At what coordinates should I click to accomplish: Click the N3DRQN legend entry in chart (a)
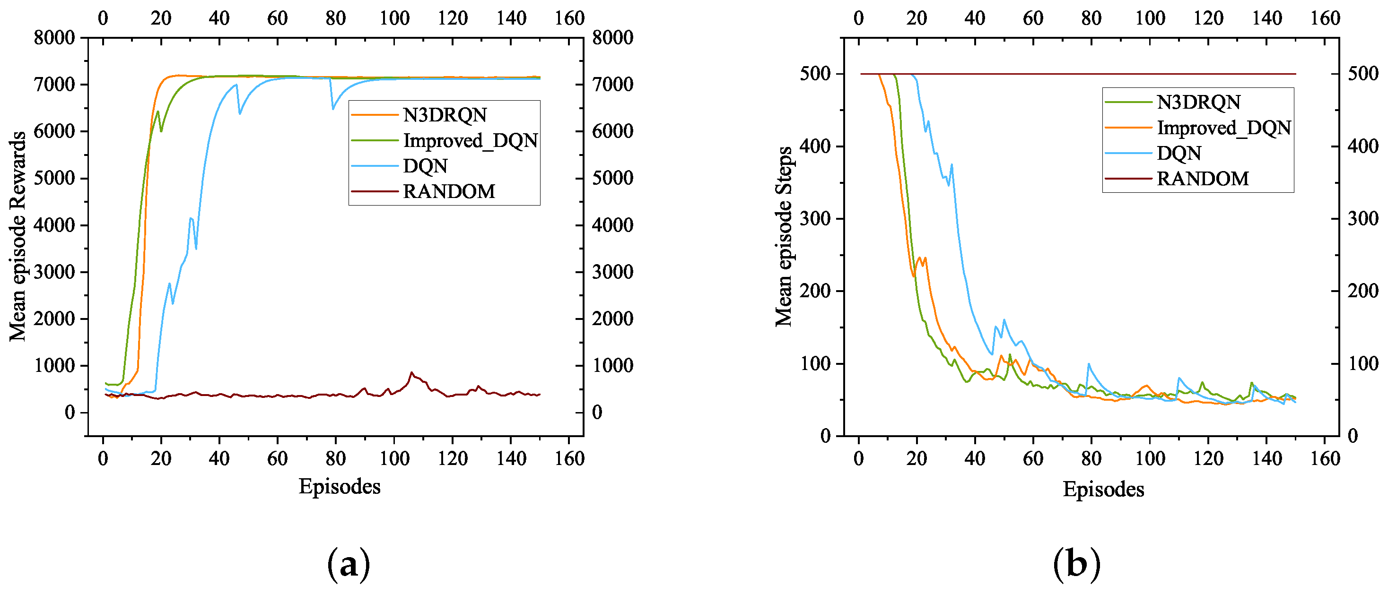(x=445, y=115)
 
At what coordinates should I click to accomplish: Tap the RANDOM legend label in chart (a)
(x=448, y=191)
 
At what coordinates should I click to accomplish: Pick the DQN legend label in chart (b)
(x=1179, y=153)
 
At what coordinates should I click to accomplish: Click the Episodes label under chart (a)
(x=340, y=486)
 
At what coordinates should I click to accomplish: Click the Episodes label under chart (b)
(x=1103, y=489)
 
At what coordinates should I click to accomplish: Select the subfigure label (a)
(x=349, y=563)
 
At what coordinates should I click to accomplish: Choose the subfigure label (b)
(x=1076, y=563)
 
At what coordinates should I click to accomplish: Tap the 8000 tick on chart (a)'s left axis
(x=54, y=38)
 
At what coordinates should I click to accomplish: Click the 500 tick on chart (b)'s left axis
(x=815, y=73)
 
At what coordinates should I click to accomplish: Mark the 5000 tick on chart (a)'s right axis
(x=612, y=178)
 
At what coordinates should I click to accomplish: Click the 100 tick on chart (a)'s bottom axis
(x=394, y=458)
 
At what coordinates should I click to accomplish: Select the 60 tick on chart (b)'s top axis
(x=1033, y=18)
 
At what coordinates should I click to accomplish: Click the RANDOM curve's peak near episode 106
(x=411, y=372)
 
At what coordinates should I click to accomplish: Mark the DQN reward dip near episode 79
(x=333, y=109)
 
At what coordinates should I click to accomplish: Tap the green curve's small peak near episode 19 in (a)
(x=158, y=112)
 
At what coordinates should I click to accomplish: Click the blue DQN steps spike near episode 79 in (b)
(x=1089, y=364)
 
